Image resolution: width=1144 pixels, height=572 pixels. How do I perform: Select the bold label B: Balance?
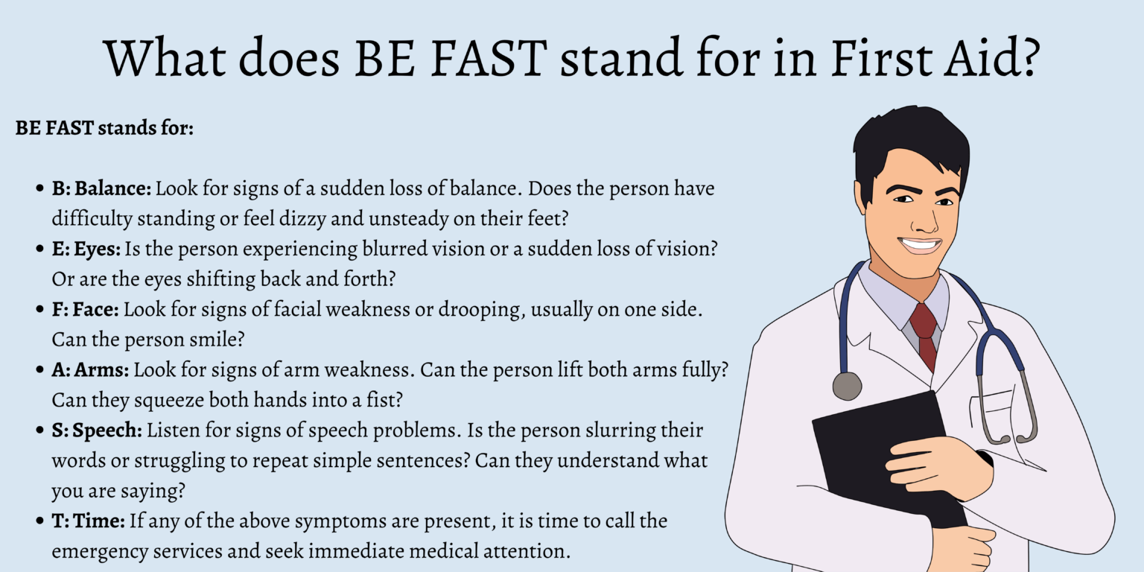click(102, 188)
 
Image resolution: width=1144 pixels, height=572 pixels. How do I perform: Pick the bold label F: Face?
click(87, 308)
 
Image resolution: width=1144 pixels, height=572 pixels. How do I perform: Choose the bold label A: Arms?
click(91, 369)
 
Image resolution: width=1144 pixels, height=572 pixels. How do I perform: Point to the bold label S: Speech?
click(97, 430)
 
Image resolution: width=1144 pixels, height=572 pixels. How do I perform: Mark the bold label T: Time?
click(89, 521)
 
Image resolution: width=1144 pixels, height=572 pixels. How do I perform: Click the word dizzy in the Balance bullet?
click(298, 219)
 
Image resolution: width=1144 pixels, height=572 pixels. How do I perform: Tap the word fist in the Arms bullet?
click(388, 400)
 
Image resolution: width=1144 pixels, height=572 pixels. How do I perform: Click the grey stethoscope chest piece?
click(847, 386)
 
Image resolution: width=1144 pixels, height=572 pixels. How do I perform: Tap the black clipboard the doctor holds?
click(871, 447)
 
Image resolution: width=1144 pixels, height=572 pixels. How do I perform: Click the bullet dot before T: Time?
click(39, 521)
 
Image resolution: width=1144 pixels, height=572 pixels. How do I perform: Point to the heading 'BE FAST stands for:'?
click(104, 128)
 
